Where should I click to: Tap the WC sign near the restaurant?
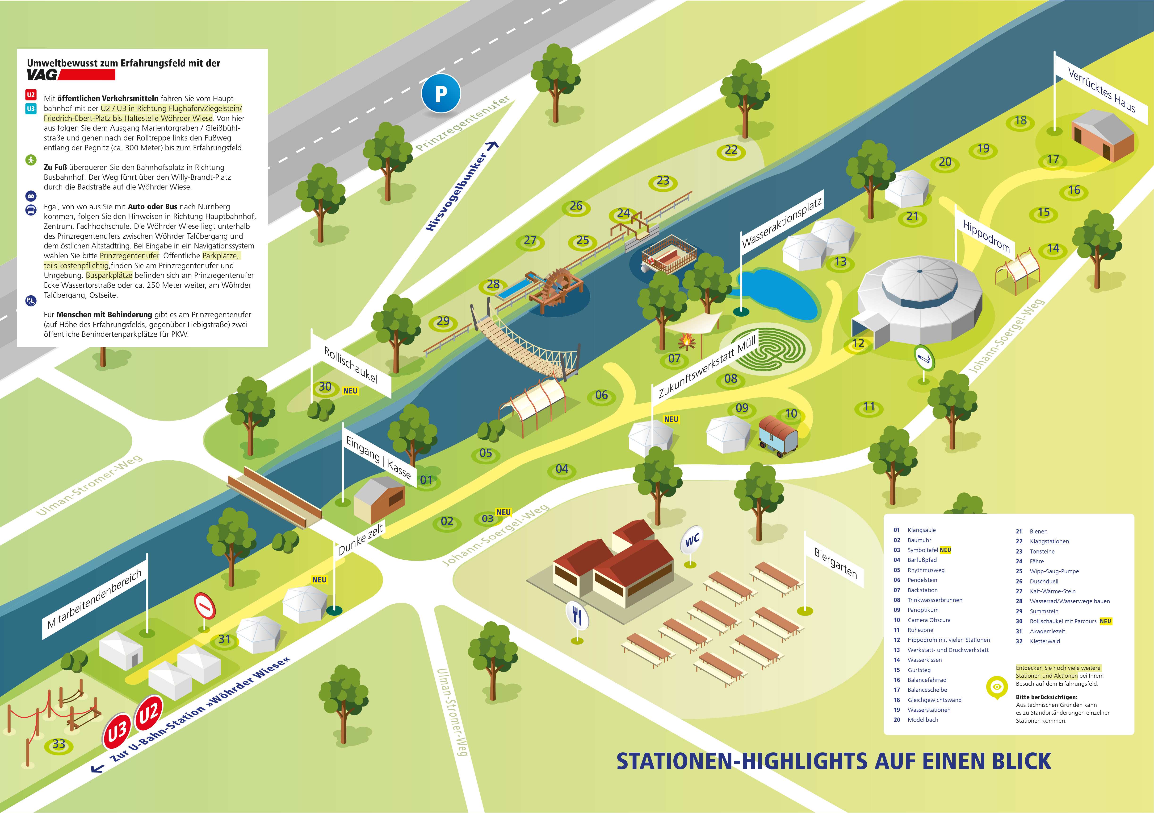692,540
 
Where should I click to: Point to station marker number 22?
731,151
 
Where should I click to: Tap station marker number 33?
59,744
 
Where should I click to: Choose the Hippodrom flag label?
986,236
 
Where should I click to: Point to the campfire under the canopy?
687,342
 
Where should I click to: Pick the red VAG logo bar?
87,75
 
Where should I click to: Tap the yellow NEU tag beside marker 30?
350,391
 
